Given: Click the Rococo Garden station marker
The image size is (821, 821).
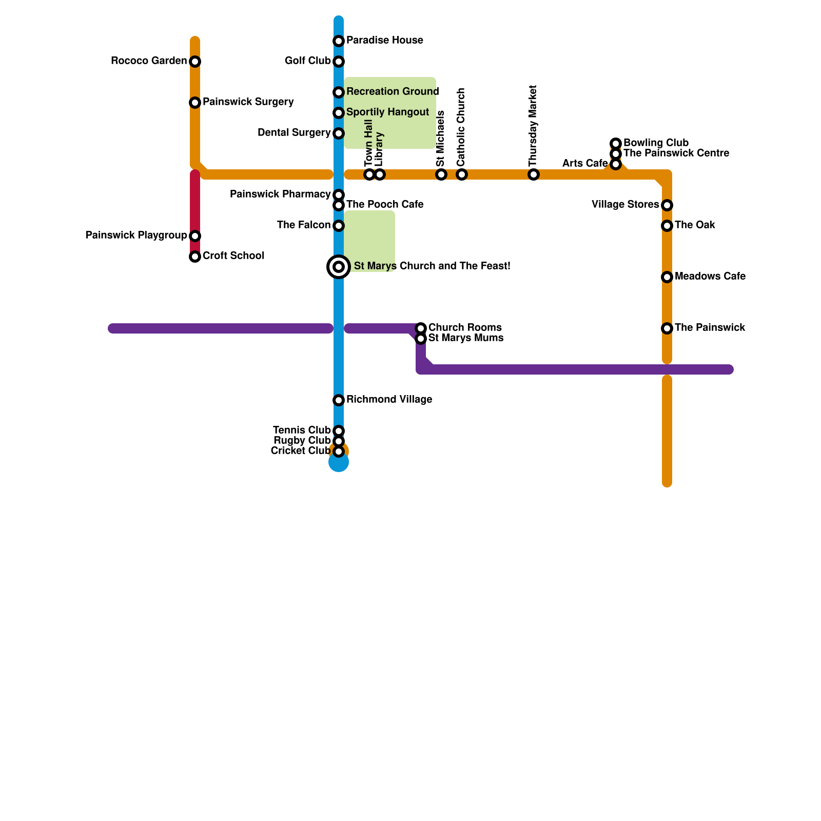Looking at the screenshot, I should click(195, 62).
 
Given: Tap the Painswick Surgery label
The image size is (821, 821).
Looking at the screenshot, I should click(248, 102).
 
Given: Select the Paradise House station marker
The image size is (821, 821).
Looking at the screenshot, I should click(339, 41).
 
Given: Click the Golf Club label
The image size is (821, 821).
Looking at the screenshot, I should click(307, 61).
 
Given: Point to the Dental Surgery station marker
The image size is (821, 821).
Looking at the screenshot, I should click(339, 133).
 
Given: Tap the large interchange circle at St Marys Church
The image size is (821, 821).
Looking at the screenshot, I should click(339, 267).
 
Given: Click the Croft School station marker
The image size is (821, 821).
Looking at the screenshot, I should click(195, 257).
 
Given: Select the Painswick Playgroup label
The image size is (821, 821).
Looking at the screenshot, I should click(136, 236).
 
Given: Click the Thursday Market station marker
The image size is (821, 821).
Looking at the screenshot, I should click(534, 174).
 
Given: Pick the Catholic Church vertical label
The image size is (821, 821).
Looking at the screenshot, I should click(461, 127).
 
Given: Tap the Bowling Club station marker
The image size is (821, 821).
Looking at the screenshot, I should click(616, 144).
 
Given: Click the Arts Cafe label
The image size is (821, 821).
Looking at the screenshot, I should click(584, 164).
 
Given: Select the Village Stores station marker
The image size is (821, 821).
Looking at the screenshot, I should click(667, 205).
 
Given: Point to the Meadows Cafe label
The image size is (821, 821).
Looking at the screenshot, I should click(710, 277).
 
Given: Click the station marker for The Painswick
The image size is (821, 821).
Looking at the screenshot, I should click(667, 328).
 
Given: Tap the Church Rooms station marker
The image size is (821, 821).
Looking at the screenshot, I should click(421, 328).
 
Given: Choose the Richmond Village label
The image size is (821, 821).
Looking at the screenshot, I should click(389, 400).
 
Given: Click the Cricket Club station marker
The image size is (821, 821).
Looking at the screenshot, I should click(339, 452).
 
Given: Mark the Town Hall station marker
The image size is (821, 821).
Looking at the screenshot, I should click(369, 174).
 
